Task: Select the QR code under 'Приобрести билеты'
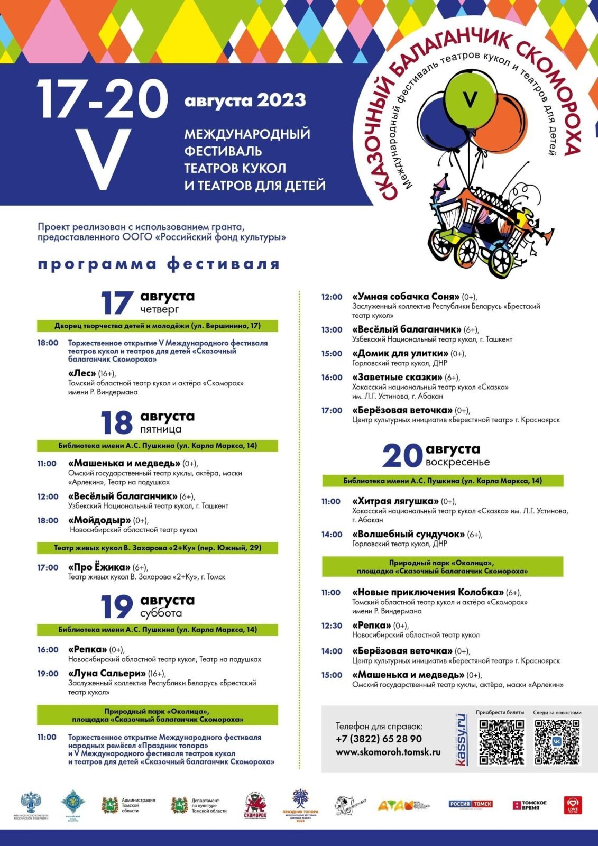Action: click(501, 741)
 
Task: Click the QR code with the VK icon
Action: click(557, 741)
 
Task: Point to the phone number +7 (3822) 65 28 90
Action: click(379, 739)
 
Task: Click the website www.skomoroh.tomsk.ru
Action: click(388, 752)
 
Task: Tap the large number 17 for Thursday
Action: click(117, 302)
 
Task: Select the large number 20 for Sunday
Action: click(402, 456)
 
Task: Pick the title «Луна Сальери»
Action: click(107, 673)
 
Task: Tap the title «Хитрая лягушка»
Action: click(395, 501)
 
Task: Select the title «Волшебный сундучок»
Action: click(408, 534)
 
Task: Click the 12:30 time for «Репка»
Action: click(332, 626)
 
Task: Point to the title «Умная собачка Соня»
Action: click(406, 297)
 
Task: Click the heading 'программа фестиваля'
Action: click(158, 264)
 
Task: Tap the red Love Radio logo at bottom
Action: click(572, 805)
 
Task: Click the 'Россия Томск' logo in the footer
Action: click(470, 804)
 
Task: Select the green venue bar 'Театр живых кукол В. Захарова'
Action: click(158, 548)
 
